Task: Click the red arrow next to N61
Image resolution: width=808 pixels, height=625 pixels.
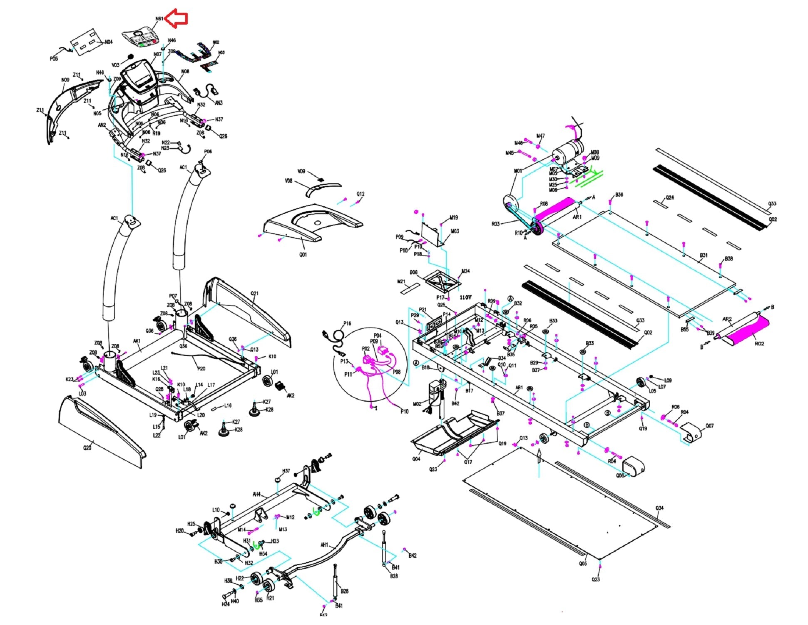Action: pyautogui.click(x=177, y=19)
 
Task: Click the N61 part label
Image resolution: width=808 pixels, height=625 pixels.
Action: pyautogui.click(x=159, y=19)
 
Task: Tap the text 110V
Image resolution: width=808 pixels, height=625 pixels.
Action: pyautogui.click(x=465, y=297)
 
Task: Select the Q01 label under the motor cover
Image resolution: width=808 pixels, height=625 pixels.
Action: pyautogui.click(x=303, y=254)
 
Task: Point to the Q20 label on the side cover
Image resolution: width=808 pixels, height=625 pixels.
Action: pyautogui.click(x=87, y=448)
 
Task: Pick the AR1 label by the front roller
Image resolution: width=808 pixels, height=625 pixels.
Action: pyautogui.click(x=577, y=217)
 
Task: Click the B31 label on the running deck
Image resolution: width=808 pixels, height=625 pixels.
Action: pyautogui.click(x=704, y=255)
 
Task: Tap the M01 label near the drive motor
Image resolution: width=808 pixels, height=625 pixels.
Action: pyautogui.click(x=518, y=171)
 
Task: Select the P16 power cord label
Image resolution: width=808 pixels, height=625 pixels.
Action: pyautogui.click(x=347, y=323)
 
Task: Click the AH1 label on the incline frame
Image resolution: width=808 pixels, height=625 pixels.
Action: pyautogui.click(x=324, y=545)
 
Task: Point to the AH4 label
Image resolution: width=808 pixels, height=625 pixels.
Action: pyautogui.click(x=257, y=495)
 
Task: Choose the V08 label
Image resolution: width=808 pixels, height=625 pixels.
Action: pyautogui.click(x=288, y=181)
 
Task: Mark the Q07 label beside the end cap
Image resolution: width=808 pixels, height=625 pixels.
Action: pyautogui.click(x=709, y=426)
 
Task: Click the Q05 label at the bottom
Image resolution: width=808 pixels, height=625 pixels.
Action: pyautogui.click(x=582, y=564)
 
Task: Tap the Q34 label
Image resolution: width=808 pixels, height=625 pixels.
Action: pyautogui.click(x=659, y=508)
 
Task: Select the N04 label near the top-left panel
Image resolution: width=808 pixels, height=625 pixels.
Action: pyautogui.click(x=108, y=42)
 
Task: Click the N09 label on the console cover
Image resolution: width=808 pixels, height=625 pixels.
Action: pyautogui.click(x=65, y=80)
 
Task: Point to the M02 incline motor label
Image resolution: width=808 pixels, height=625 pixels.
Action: pyautogui.click(x=417, y=404)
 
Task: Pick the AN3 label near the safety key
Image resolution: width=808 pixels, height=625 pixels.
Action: pyautogui.click(x=219, y=103)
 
